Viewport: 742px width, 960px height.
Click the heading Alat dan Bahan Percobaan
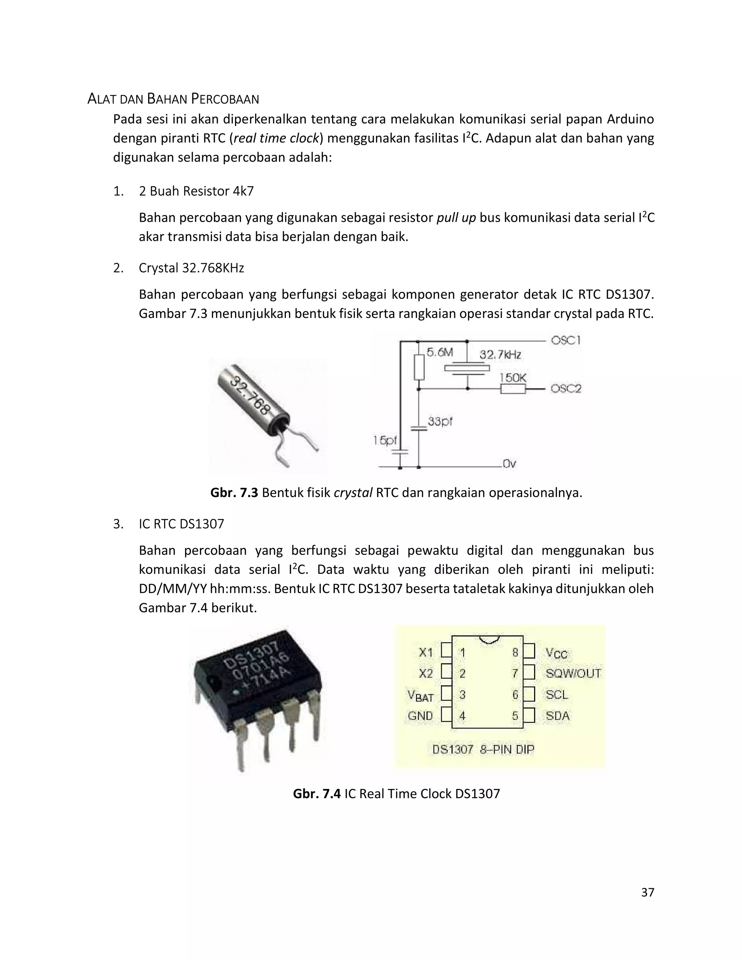(173, 99)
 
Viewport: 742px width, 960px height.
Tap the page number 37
(647, 892)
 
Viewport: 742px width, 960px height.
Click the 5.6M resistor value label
(439, 352)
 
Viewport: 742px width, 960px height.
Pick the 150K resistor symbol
(513, 389)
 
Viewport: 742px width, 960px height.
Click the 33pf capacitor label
(440, 422)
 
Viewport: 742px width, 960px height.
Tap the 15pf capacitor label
(385, 440)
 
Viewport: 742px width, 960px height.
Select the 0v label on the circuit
(509, 464)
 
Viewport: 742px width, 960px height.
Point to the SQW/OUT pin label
(573, 673)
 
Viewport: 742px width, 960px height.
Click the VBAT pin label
(421, 696)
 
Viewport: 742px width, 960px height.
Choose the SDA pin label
(557, 716)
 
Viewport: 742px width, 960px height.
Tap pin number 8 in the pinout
(515, 653)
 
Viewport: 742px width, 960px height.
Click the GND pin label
(420, 716)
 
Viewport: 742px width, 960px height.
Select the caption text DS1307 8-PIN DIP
(483, 750)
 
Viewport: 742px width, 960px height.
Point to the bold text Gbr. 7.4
(317, 793)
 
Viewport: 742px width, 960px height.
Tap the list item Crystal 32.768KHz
(191, 268)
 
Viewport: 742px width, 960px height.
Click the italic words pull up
(456, 218)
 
